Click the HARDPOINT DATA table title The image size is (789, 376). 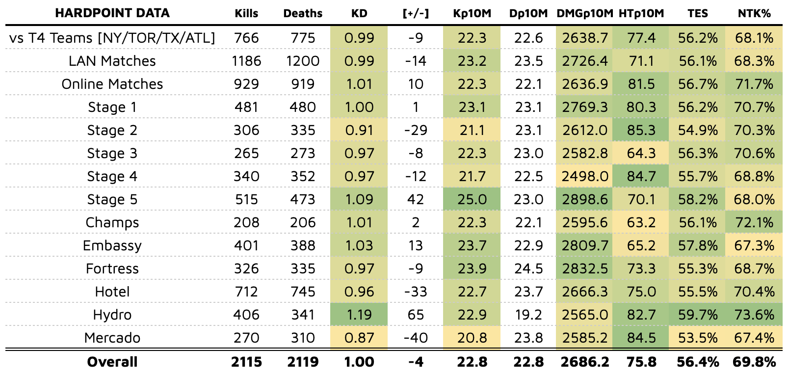point(112,13)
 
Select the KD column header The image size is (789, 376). point(359,14)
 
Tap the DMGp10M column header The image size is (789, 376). point(585,14)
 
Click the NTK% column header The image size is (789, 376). point(754,14)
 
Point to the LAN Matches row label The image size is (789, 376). point(112,61)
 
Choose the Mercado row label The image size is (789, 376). point(112,338)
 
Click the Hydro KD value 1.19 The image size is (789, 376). point(359,315)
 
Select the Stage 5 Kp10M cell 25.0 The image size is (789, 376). point(472,199)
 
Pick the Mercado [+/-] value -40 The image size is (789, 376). point(415,338)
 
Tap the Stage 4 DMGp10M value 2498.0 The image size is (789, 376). point(585,176)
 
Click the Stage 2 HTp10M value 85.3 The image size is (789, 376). point(641,130)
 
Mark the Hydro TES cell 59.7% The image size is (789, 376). point(697,315)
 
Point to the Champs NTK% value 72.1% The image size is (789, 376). point(754,222)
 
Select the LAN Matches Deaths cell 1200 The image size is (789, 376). point(303,61)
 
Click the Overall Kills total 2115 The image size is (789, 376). point(246,362)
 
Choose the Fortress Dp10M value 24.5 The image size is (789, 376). point(528,269)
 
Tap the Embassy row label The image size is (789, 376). point(112,245)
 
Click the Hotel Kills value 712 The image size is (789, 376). point(246,292)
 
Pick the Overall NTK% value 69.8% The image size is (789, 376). point(754,362)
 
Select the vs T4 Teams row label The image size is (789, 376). point(112,38)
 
